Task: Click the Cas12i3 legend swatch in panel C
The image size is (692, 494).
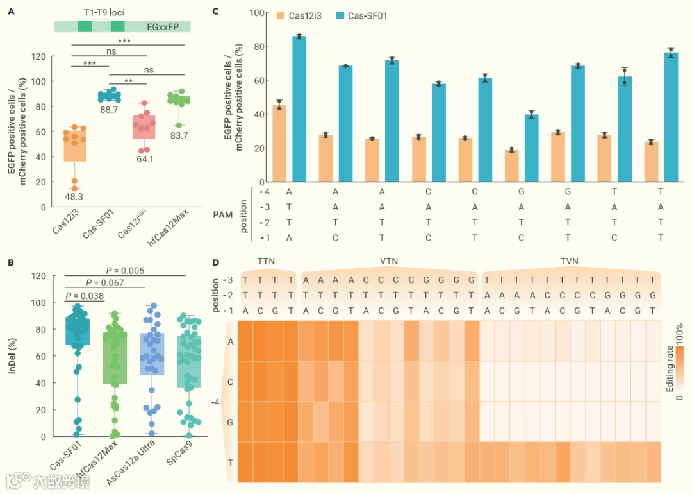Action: tap(281, 15)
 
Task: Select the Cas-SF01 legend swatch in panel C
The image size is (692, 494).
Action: tap(341, 15)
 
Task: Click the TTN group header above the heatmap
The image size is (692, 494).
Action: tap(267, 262)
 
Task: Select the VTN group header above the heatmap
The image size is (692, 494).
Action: tap(390, 262)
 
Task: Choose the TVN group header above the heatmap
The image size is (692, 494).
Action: tap(571, 262)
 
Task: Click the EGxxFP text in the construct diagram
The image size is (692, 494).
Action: tap(163, 26)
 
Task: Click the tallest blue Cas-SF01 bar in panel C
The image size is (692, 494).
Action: tap(299, 108)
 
